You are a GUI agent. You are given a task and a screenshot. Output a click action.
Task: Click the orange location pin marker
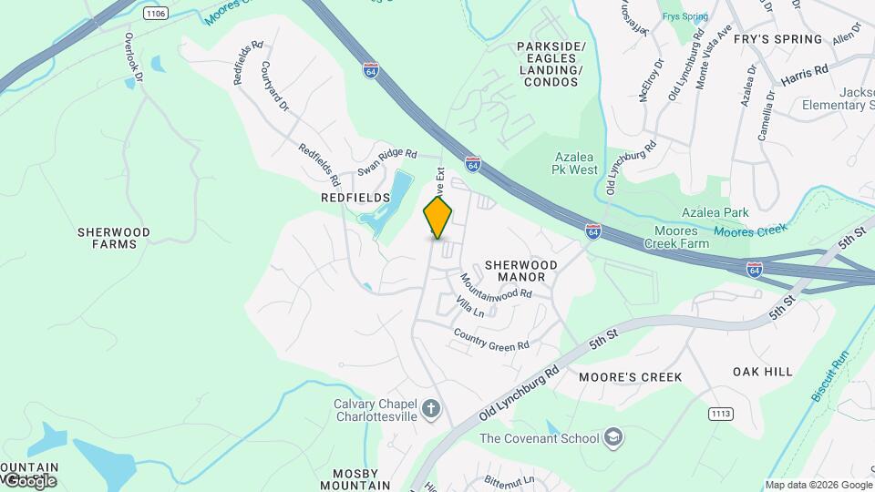(x=438, y=218)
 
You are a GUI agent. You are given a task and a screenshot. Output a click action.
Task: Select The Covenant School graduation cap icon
(x=614, y=438)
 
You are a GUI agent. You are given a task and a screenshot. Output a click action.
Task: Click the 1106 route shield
(x=156, y=14)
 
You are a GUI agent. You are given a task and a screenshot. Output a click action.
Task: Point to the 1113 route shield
(x=721, y=414)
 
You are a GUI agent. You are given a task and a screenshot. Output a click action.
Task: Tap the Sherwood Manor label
(x=520, y=271)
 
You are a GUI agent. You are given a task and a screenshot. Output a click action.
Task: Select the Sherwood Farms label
(x=108, y=238)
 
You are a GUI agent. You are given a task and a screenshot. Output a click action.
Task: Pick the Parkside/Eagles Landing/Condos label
(x=551, y=64)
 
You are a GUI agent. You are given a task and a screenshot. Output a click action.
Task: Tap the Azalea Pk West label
(x=575, y=163)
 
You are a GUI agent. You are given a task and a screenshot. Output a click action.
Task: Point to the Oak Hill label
(x=762, y=372)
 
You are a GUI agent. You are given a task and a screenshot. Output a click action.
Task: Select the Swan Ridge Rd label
(x=386, y=162)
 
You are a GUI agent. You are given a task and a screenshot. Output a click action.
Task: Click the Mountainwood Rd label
(x=495, y=288)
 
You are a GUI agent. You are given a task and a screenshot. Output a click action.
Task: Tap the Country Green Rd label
(x=491, y=340)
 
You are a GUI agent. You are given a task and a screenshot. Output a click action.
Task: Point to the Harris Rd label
(x=805, y=71)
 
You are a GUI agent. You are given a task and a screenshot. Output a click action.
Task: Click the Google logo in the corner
(x=29, y=480)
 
